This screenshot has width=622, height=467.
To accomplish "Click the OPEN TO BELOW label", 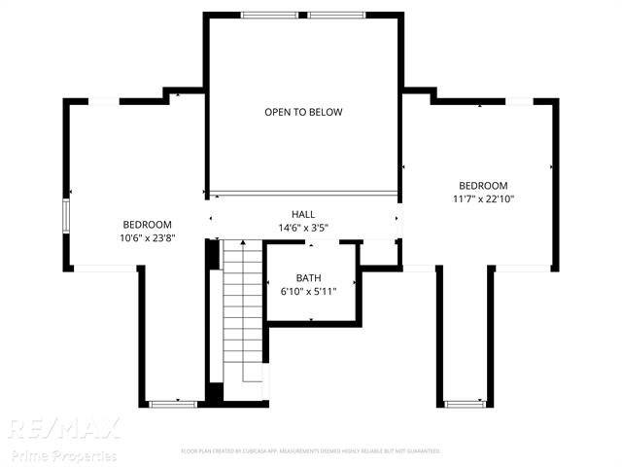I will (x=303, y=112).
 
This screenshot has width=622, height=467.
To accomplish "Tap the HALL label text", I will (x=303, y=214).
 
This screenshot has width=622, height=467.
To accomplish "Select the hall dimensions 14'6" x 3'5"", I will (x=303, y=229).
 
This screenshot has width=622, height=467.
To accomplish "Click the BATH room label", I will (x=308, y=277).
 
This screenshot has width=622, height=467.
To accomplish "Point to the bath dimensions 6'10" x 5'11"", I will (x=308, y=291).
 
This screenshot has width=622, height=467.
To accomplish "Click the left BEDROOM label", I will (x=147, y=224).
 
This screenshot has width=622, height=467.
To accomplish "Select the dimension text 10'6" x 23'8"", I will (x=147, y=237).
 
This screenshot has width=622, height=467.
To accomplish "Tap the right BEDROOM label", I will (x=483, y=186).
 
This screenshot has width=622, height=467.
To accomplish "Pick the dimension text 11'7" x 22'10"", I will (x=483, y=199).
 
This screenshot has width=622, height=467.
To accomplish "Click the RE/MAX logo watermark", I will (x=64, y=428).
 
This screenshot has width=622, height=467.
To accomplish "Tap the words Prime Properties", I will (x=64, y=455).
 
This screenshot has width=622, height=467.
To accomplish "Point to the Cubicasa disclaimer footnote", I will (x=311, y=451).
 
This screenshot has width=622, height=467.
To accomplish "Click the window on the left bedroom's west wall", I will (x=67, y=216).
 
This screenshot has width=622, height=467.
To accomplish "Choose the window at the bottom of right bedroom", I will (x=465, y=402).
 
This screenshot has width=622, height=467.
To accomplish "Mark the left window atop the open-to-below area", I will (x=269, y=15).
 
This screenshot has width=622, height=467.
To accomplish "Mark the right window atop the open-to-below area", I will (x=337, y=15).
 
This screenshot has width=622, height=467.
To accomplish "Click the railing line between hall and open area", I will (x=303, y=192).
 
